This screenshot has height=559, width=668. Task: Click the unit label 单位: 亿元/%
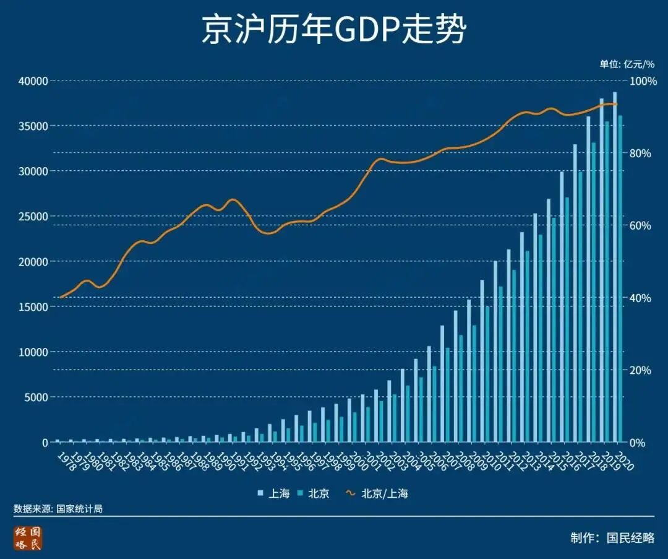coord(626,64)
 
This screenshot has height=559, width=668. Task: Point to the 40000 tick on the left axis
coord(33,80)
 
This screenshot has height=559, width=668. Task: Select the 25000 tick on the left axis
coord(33,216)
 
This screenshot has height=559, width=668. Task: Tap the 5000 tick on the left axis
coord(35,397)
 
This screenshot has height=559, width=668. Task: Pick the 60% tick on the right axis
coord(640,225)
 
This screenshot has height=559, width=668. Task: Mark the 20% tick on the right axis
coord(640,370)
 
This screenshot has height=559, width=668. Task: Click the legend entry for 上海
coord(273,493)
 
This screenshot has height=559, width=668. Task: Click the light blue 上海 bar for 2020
coord(614,266)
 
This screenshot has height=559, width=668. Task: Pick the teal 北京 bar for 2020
coord(620,279)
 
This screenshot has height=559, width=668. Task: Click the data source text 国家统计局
coord(58,509)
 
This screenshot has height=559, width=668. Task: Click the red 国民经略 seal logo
coord(28,538)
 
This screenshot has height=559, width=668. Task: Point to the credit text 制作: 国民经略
coord(612,537)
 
